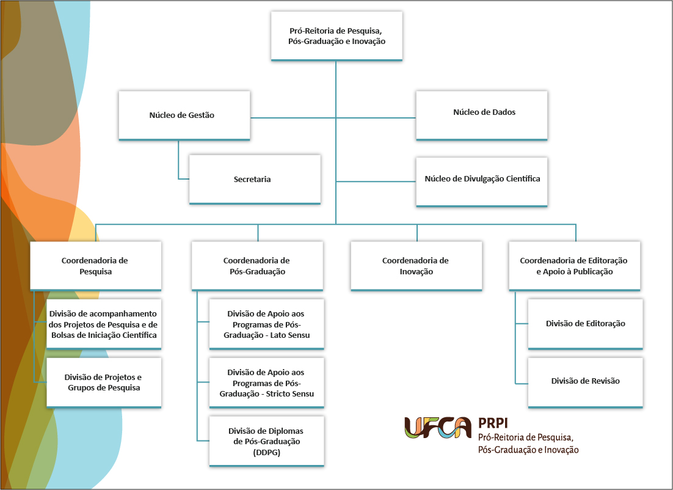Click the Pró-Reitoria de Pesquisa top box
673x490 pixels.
(x=336, y=36)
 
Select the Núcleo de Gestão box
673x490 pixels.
(x=184, y=115)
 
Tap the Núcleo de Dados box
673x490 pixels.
(x=482, y=115)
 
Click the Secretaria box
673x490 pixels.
(x=255, y=180)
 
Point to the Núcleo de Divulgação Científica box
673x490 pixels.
(x=482, y=182)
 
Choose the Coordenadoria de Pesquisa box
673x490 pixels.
(x=96, y=266)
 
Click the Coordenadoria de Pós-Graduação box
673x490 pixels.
(x=257, y=266)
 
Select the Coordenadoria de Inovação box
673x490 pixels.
(x=417, y=266)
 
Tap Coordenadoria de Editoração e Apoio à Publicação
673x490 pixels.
(x=574, y=266)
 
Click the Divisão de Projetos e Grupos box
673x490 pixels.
(x=104, y=382)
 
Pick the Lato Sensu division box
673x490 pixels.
(x=266, y=324)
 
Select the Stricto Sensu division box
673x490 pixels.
(x=266, y=382)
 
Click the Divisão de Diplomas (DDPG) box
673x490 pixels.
(x=266, y=441)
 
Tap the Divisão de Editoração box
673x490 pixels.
(x=586, y=324)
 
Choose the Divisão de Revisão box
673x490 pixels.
(x=586, y=382)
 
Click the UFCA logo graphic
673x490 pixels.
(x=438, y=428)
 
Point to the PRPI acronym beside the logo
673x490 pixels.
(x=493, y=423)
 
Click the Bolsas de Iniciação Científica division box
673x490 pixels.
(x=104, y=324)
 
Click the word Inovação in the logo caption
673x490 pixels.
(x=560, y=450)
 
